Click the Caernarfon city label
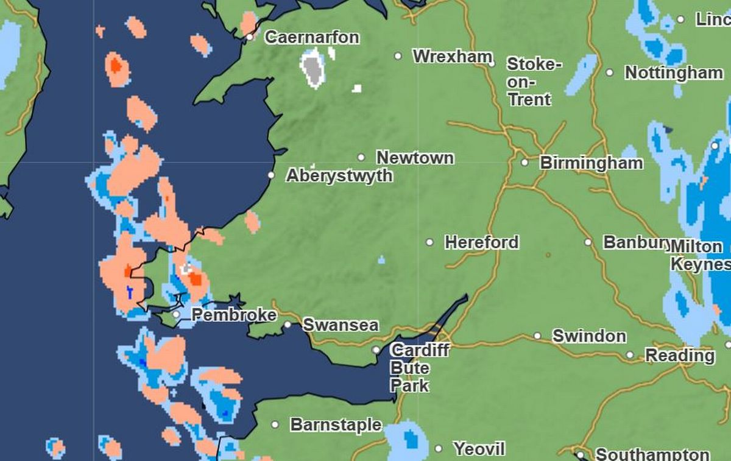312,38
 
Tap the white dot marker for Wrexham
398,56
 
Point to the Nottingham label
674,73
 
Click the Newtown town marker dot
361,158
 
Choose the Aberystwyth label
339,176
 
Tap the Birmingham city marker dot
524,163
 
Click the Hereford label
481,242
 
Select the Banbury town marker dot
588,242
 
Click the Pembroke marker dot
176,315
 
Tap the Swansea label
340,325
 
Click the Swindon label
588,336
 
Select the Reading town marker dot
630,355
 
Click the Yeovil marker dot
439,449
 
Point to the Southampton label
652,454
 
